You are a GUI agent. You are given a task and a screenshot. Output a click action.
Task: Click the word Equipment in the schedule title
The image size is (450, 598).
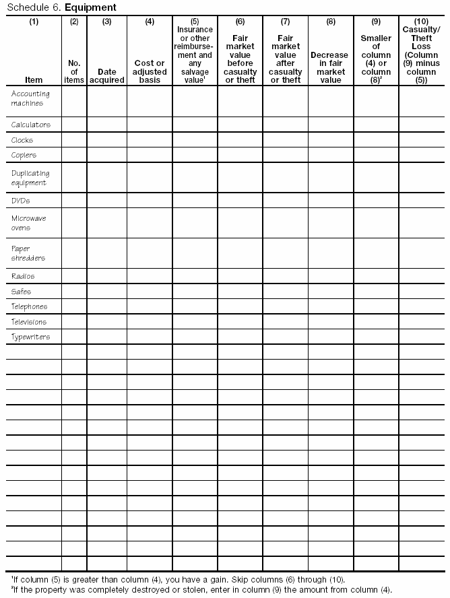click(x=90, y=7)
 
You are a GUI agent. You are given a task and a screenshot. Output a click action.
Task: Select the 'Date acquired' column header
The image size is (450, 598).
click(x=107, y=75)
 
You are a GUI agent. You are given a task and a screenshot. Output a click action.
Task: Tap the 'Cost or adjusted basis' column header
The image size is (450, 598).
click(x=150, y=71)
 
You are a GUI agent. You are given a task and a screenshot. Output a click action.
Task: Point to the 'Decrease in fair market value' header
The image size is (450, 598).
click(x=330, y=67)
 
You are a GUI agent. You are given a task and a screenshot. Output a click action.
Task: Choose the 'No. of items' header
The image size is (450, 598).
click(x=74, y=71)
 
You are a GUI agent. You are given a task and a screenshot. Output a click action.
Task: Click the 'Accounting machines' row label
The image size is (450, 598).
click(x=28, y=99)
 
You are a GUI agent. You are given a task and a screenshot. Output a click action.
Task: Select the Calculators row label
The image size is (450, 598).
click(x=31, y=125)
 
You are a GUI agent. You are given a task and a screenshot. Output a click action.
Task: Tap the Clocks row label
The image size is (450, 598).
click(x=22, y=140)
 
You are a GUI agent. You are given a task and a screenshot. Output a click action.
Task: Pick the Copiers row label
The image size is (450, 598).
click(x=24, y=155)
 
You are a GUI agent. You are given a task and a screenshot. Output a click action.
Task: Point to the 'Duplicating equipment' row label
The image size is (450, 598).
click(x=30, y=178)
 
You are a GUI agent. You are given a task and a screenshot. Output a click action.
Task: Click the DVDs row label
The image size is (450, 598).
click(x=21, y=201)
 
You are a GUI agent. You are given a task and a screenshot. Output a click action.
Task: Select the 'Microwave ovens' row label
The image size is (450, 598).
click(x=29, y=223)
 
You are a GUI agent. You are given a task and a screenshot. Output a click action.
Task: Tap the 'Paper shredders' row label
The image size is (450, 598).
click(x=29, y=253)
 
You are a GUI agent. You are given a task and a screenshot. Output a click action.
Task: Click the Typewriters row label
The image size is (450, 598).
click(x=31, y=337)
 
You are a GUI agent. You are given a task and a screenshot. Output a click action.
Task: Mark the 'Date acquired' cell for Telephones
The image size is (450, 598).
click(x=107, y=306)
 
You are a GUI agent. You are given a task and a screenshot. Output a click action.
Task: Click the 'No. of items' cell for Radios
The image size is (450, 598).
click(x=74, y=276)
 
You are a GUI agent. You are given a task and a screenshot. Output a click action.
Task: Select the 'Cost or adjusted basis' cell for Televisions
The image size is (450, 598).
click(x=150, y=322)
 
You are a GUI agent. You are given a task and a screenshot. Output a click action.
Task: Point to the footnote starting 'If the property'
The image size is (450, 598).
click(x=201, y=589)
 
